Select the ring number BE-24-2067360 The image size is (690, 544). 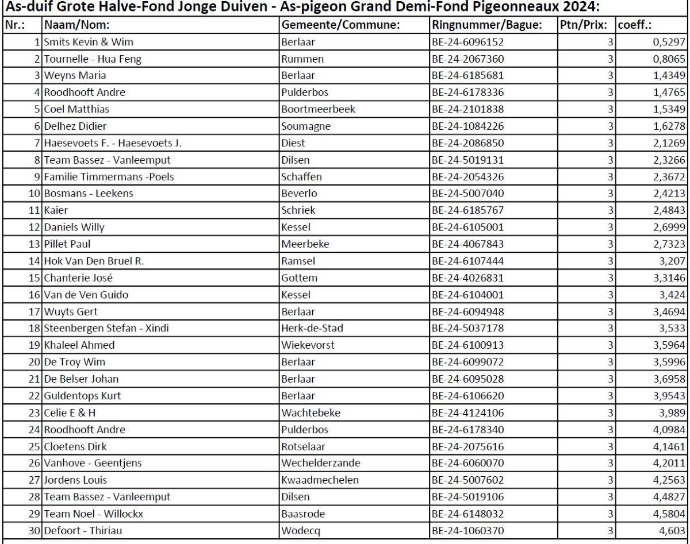click(x=469, y=58)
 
